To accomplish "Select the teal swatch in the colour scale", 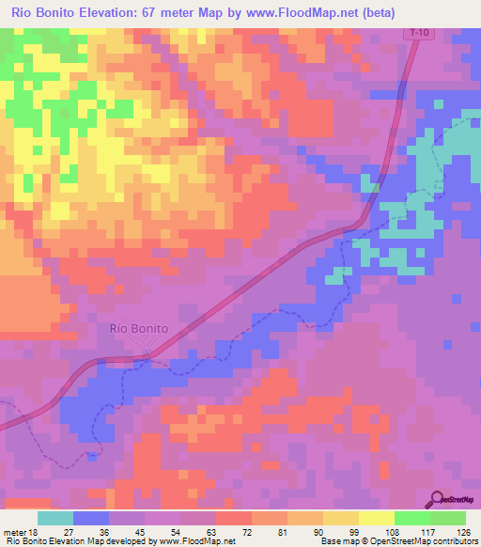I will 55,517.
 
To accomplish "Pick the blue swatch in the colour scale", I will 91,517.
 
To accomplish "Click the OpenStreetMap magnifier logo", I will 438,498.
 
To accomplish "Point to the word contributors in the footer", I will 457,541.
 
